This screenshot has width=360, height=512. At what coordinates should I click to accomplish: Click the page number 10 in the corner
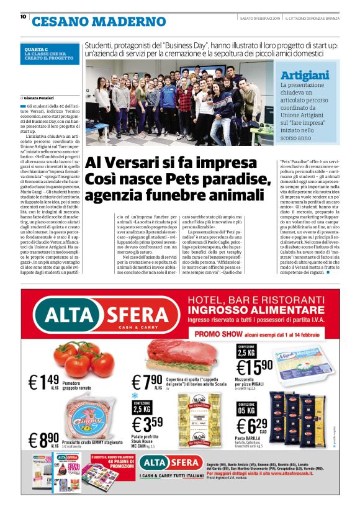point(23,17)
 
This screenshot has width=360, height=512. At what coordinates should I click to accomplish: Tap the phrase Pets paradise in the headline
point(194,179)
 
